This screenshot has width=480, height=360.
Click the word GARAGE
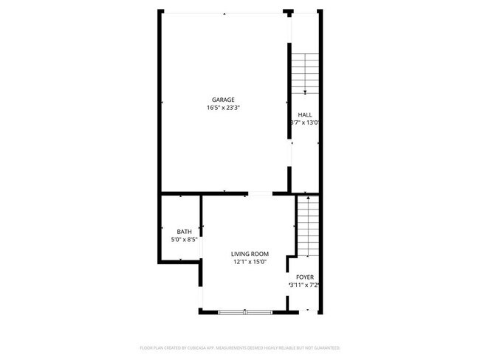click(223, 100)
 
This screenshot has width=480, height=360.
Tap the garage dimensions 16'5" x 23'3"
click(223, 108)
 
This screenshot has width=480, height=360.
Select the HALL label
click(304, 114)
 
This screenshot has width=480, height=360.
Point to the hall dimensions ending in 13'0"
click(304, 122)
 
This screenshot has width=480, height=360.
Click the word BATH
click(184, 232)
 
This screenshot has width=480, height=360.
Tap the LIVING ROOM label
click(249, 253)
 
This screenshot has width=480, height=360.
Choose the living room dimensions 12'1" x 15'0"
click(249, 261)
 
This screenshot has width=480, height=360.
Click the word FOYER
click(304, 277)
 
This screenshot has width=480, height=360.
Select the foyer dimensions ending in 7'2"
click(304, 285)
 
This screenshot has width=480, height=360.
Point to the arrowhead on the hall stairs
click(305, 91)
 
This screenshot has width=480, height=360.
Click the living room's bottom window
click(245, 312)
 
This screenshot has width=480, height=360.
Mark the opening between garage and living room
click(259, 194)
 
